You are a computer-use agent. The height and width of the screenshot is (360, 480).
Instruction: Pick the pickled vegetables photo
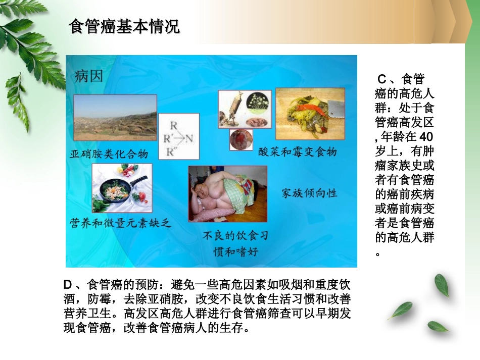310,114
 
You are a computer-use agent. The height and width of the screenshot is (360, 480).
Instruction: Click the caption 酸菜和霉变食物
297,151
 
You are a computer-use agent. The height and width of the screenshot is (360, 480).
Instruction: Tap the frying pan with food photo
122,188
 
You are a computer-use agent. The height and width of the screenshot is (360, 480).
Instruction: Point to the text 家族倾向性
309,193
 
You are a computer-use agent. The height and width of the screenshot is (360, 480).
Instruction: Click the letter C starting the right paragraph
382,79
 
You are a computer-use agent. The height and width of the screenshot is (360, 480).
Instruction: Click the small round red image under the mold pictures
241,139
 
